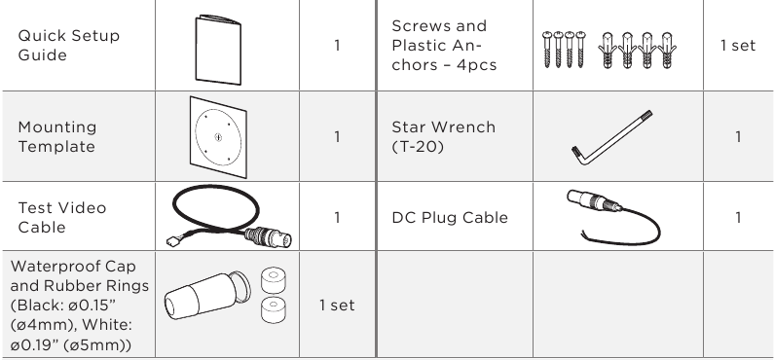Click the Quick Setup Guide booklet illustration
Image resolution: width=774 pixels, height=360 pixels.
(x=218, y=50)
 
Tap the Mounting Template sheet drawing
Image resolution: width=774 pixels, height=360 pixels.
(x=218, y=137)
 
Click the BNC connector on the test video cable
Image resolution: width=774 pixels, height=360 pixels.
(x=269, y=237)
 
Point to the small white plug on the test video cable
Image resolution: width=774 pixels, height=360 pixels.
(x=172, y=241)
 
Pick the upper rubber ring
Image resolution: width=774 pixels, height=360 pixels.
(x=273, y=280)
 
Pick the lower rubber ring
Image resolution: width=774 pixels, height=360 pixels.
(x=273, y=309)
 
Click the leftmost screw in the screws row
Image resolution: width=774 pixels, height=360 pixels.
(x=547, y=50)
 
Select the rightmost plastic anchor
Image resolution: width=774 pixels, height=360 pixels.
(x=666, y=50)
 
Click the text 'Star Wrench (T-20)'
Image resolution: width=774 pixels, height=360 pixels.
(x=444, y=136)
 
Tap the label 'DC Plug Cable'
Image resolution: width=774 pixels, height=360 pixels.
(x=450, y=218)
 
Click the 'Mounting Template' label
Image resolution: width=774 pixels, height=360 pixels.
(x=57, y=136)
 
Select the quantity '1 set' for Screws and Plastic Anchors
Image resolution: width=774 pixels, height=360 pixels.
(x=738, y=46)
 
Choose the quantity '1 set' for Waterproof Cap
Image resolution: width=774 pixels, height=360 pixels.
(x=337, y=306)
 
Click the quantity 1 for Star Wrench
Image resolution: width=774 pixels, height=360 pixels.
(x=738, y=136)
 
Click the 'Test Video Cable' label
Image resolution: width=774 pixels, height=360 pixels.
(x=62, y=218)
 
